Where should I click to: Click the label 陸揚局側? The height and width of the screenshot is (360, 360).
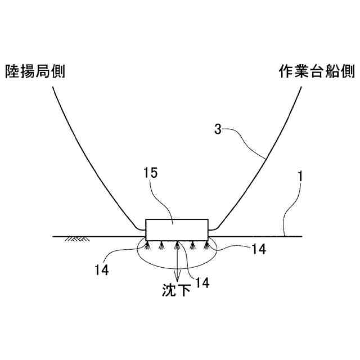[x=35, y=71]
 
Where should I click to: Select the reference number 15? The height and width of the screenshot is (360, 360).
[x=150, y=174]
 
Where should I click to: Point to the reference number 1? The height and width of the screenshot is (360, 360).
[x=301, y=177]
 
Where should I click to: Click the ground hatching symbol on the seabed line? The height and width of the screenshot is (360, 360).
[x=78, y=239]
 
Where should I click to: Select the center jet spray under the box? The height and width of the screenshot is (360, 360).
[x=177, y=245]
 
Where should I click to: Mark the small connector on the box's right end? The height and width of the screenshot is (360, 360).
[x=212, y=229]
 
